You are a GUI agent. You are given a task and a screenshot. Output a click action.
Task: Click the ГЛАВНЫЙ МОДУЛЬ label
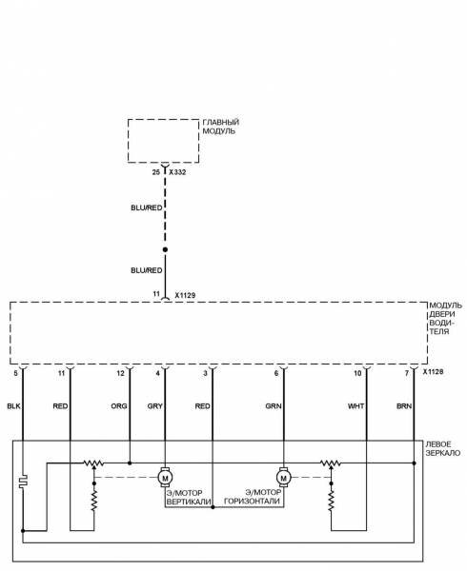220,127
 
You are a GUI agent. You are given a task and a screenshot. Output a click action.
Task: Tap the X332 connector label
177,172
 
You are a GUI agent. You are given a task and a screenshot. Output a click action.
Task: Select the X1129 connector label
185,295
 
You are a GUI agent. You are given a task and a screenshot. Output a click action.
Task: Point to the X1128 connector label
433,372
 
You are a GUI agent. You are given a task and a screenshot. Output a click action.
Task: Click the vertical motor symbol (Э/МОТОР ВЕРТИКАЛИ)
165,478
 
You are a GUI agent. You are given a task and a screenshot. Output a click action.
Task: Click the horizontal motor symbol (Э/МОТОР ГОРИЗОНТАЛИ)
283,478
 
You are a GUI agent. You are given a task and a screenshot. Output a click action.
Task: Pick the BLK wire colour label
14,406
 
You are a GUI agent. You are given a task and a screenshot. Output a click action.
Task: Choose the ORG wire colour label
119,406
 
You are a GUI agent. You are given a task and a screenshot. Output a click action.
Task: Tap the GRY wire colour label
155,406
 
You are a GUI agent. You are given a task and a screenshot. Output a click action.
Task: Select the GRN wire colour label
274,406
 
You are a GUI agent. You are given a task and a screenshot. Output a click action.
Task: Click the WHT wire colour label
355,406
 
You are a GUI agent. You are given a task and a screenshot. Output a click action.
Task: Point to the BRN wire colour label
404,406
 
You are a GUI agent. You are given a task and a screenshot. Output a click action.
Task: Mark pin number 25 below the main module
156,172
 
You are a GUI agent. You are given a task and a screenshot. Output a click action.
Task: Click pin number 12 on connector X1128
121,373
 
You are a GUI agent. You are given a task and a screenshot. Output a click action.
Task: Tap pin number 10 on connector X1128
357,373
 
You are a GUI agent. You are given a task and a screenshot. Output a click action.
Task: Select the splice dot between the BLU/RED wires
165,249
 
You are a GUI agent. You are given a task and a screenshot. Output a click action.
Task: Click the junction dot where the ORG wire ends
130,463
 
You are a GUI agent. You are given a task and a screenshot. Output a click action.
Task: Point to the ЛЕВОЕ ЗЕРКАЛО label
442,448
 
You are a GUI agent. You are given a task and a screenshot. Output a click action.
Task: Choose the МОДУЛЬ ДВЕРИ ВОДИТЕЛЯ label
445,319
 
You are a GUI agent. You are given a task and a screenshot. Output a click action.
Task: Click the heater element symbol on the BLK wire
23,482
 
